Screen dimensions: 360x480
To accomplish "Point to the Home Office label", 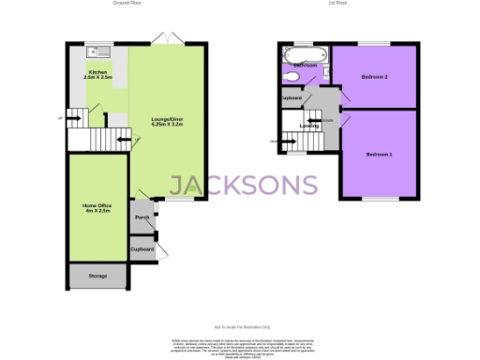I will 97,208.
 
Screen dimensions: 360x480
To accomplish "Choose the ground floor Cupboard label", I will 142,248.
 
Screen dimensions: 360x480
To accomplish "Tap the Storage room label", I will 97,277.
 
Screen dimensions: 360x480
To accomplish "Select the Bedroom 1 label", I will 379,154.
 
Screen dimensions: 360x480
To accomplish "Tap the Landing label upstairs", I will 309,126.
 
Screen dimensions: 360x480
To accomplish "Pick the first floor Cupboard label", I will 291,97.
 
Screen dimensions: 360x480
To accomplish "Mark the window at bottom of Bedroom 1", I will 379,199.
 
